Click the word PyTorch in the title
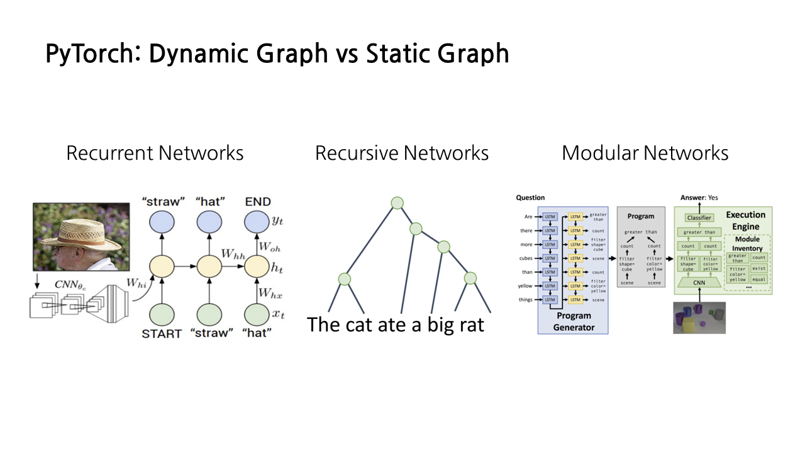[92, 54]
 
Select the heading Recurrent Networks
[155, 153]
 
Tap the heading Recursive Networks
[401, 153]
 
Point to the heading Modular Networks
[645, 153]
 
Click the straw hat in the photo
[79, 224]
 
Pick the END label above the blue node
[258, 202]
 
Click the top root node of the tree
[397, 203]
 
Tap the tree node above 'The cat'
[343, 279]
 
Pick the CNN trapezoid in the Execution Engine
[699, 283]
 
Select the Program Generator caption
[573, 321]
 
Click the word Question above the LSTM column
[530, 198]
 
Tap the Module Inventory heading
[747, 244]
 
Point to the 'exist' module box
[759, 269]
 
